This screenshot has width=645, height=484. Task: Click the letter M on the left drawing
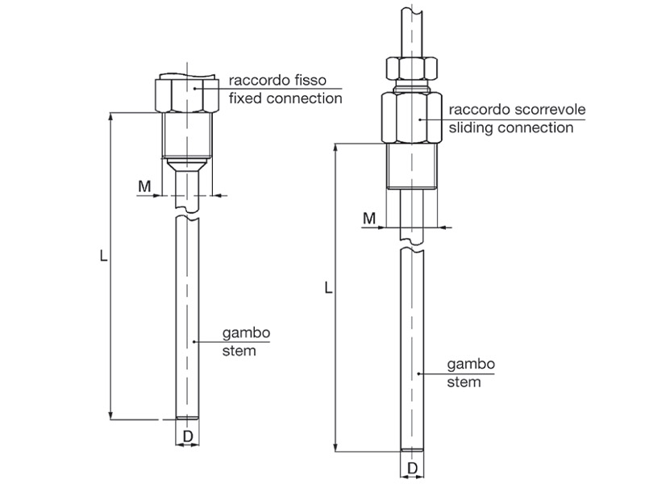click(x=144, y=186)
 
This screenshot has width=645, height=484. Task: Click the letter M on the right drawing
click(x=369, y=218)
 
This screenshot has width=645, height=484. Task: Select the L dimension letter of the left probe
click(x=103, y=256)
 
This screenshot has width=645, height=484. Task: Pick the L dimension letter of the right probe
click(x=327, y=287)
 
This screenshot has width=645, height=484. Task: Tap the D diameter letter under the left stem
click(x=187, y=437)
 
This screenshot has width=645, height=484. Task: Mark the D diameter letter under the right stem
click(x=411, y=468)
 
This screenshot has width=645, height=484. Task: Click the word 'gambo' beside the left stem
click(x=246, y=333)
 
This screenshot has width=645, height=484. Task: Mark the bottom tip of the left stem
click(x=187, y=417)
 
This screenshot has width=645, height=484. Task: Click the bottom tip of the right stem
click(x=411, y=448)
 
